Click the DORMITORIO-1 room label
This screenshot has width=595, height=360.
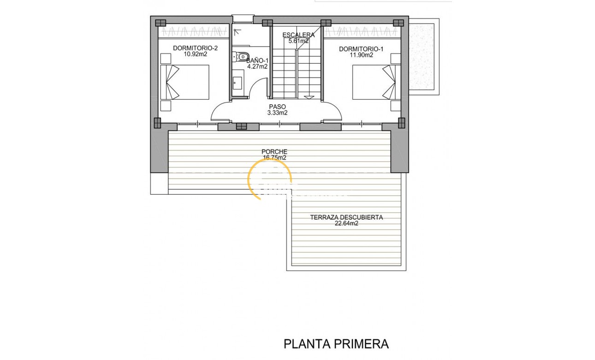[x=361, y=49]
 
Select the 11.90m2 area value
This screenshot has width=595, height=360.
[x=361, y=55]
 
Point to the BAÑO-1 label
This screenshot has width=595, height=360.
[x=257, y=60]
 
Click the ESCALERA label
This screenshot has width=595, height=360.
[x=298, y=35]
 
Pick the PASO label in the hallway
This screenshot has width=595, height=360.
[x=277, y=106]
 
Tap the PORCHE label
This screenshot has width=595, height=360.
[x=274, y=151]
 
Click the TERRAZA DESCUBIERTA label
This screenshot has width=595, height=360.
[x=346, y=217]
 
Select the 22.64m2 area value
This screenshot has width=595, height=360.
[x=346, y=223]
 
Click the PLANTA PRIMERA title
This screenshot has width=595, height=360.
[x=336, y=344]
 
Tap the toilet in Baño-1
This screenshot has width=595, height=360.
[x=240, y=57]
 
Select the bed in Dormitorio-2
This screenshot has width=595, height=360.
[x=184, y=82]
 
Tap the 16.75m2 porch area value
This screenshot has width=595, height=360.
[x=274, y=157]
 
